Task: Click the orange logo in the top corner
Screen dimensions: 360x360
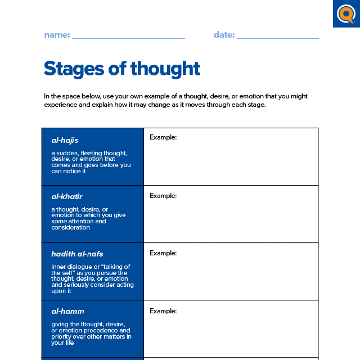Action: click(346, 13)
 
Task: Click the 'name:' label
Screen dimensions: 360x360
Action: click(57, 35)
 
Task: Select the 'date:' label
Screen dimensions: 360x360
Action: click(224, 35)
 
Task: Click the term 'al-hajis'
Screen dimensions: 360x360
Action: click(65, 140)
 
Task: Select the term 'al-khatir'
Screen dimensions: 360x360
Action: click(67, 197)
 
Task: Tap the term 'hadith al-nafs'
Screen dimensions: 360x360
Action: click(77, 254)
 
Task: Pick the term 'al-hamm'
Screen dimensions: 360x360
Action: click(67, 311)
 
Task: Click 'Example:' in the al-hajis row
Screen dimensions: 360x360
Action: click(163, 137)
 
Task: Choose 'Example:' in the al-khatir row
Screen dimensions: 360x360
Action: click(163, 196)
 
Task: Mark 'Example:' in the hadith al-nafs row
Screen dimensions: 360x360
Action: click(163, 253)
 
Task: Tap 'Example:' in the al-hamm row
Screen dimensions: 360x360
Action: click(163, 311)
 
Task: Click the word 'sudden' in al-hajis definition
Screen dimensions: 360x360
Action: click(67, 153)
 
